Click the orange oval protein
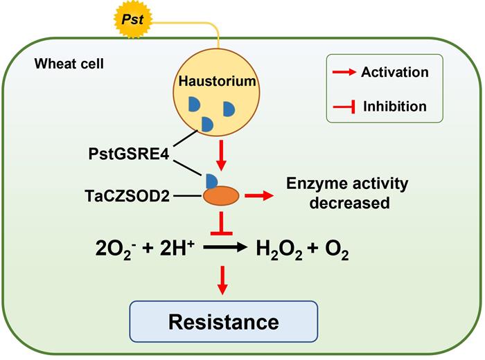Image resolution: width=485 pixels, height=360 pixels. (221, 197)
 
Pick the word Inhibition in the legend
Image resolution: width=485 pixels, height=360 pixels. (394, 107)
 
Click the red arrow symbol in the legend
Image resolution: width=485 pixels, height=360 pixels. (344, 72)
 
